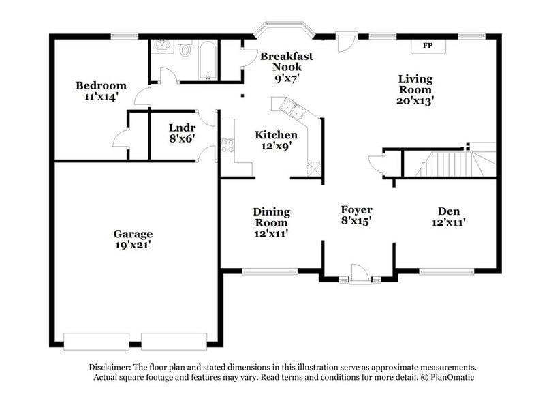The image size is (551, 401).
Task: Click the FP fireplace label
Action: click(428, 46)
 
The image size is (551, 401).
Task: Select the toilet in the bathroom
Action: click(185, 48)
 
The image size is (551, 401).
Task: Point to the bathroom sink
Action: click(161, 47)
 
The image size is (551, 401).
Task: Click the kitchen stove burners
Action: click(227, 145)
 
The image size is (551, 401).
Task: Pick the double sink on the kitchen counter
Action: click(291, 108)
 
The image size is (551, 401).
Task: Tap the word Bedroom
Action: click(101, 85)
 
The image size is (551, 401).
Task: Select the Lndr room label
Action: click(182, 128)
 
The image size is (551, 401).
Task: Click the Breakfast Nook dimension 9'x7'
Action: click(286, 78)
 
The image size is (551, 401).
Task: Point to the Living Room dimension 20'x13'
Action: click(415, 100)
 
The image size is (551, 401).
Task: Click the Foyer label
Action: click(356, 209)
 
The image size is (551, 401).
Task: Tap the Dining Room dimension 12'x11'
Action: click(271, 233)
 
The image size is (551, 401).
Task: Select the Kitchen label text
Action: click(276, 135)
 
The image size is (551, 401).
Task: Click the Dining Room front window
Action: click(270, 271)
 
